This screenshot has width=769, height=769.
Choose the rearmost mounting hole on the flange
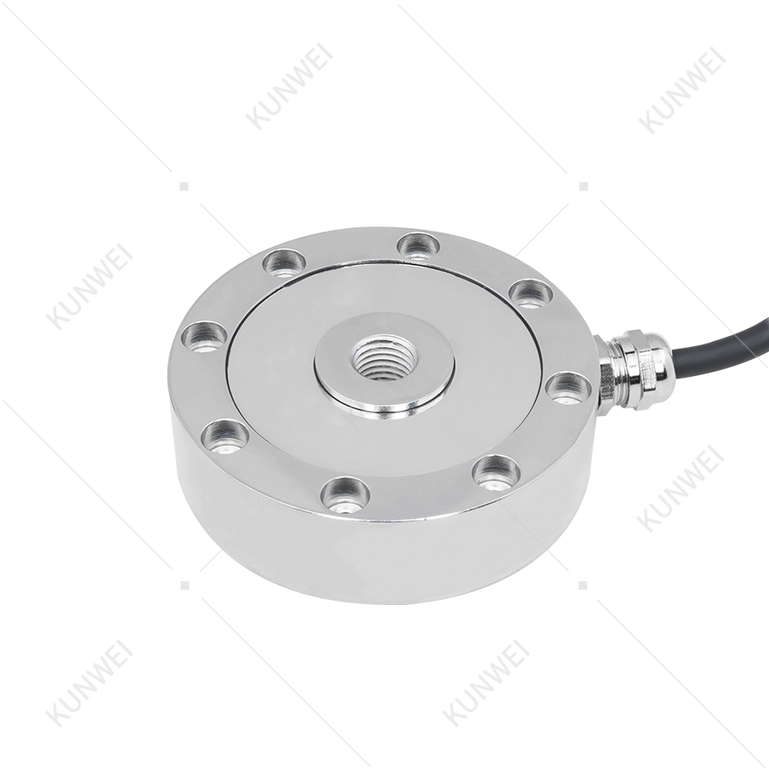pyautogui.click(x=418, y=244)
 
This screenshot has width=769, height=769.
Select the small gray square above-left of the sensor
pyautogui.click(x=184, y=186)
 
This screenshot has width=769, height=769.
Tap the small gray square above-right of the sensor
pyautogui.click(x=584, y=186)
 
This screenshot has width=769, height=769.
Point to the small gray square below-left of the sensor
pyautogui.click(x=185, y=584)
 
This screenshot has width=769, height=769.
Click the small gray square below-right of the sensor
pyautogui.click(x=583, y=584)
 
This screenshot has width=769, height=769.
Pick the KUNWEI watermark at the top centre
pyautogui.click(x=289, y=87)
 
